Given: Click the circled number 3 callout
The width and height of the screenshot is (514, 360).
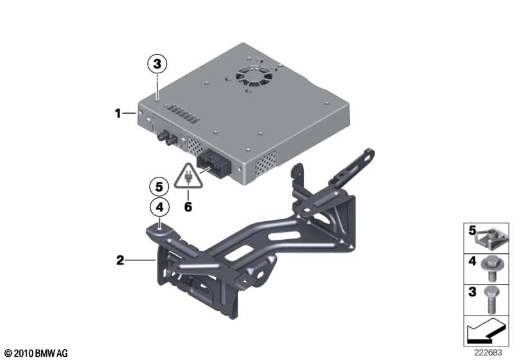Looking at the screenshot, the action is tap(157, 64).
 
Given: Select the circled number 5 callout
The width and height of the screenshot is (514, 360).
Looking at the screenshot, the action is tap(159, 187).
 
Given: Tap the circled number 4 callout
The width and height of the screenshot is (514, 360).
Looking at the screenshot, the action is tap(159, 207).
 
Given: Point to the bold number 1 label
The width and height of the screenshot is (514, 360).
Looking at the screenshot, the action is tap(118, 114).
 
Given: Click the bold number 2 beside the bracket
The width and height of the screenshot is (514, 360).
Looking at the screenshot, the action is tap(120, 260).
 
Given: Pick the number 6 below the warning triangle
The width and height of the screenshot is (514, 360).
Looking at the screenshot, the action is tap(188, 207).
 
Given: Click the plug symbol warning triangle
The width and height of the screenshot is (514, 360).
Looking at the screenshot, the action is tap(188, 177).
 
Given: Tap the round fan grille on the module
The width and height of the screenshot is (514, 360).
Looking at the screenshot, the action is tap(254, 78).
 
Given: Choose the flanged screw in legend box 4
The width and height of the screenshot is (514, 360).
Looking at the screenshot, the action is tap(489, 269).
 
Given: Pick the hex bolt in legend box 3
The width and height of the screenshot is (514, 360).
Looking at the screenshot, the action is tap(490, 300).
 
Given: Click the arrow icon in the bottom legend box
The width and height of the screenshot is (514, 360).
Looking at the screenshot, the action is tap(486, 331).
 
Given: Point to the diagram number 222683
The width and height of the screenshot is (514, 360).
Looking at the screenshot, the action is tap(488, 353).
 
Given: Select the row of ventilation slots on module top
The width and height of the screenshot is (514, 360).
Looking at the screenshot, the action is tap(182, 114).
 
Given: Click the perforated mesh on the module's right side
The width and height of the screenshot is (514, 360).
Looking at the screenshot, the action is tap(265, 163).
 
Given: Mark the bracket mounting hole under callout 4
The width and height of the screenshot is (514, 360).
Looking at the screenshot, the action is tap(159, 230).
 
